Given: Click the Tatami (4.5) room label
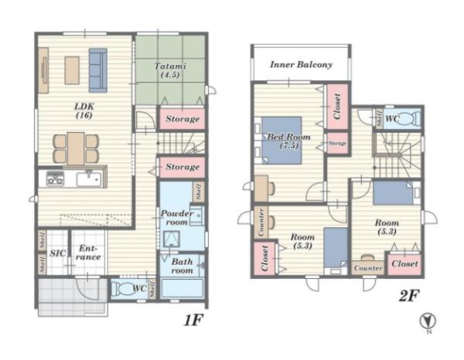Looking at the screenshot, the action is (x=170, y=70).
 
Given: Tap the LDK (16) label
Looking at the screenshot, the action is (x=84, y=110).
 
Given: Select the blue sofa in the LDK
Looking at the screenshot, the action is (x=98, y=70).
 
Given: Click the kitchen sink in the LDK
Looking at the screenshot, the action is (x=89, y=178).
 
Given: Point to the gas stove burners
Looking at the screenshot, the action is (x=55, y=178).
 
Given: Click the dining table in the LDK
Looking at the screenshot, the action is (x=76, y=148).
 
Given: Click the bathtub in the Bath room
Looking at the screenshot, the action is (x=182, y=288).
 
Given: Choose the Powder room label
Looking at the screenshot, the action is (x=176, y=218).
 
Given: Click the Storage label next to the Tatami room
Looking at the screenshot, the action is (x=183, y=119).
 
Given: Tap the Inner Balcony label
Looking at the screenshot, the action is (x=301, y=65).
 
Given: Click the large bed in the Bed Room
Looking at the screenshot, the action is (x=281, y=141).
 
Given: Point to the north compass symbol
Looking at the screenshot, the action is (x=428, y=321).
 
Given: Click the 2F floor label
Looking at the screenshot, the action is (x=408, y=296).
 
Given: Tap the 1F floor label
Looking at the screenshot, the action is (x=193, y=320).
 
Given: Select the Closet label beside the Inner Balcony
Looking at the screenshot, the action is (x=337, y=107).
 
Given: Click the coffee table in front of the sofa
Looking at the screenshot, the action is (x=72, y=70).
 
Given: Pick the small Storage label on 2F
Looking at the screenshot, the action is (x=337, y=144).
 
